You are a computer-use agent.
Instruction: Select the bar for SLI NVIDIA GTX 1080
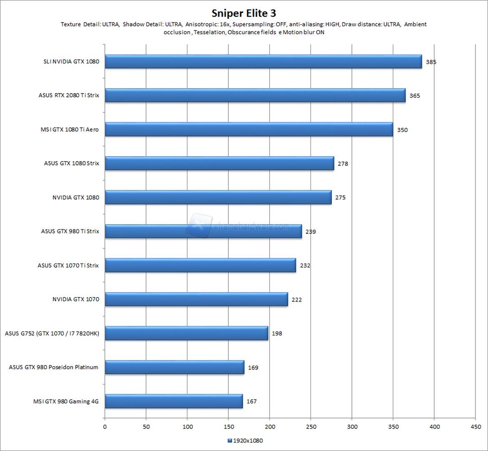point(263,62)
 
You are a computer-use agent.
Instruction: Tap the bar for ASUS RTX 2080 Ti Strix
point(255,96)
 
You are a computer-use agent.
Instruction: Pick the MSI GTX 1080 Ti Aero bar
point(248,129)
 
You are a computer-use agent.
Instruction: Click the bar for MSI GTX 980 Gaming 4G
point(174,401)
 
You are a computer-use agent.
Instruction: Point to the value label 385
point(431,62)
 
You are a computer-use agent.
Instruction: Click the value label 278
point(343,164)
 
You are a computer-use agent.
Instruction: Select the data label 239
point(311,232)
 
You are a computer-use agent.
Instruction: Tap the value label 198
point(277,334)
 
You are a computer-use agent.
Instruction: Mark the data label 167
point(251,402)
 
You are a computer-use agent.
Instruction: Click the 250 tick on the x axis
point(311,427)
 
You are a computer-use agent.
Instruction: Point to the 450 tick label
point(475,427)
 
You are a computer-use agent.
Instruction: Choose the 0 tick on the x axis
point(105,427)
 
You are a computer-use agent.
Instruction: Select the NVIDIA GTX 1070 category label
point(76,299)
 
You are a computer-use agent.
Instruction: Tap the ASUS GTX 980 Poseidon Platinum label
point(53,367)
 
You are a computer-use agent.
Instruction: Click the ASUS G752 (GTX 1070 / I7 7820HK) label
point(52,334)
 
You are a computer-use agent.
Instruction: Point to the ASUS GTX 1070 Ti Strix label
point(68,266)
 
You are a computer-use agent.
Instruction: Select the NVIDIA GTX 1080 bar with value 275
point(218,198)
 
